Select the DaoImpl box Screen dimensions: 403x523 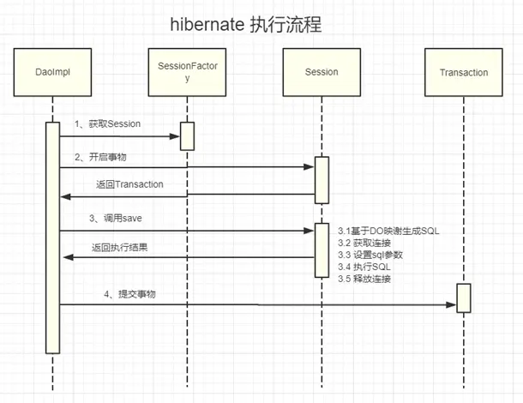(x=51, y=73)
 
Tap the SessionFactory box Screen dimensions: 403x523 (x=187, y=73)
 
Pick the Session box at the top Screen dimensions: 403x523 (x=322, y=73)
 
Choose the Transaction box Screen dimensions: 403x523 (x=463, y=73)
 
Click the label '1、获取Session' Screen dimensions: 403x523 (x=107, y=124)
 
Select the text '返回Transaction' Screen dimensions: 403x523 (x=128, y=184)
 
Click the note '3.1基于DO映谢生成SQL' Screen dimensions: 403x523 (x=389, y=232)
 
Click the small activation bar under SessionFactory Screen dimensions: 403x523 (x=187, y=136)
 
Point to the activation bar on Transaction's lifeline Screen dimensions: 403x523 (x=463, y=298)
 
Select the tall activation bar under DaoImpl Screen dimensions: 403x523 (x=52, y=237)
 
